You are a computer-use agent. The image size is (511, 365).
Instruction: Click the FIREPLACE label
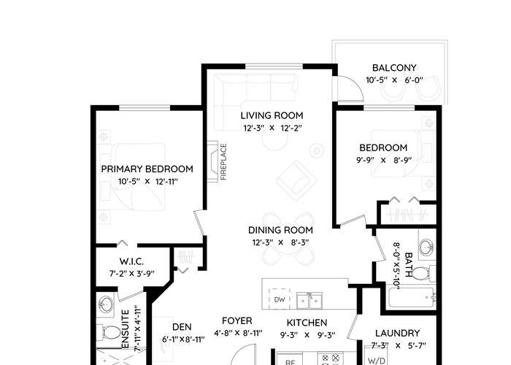(223, 161)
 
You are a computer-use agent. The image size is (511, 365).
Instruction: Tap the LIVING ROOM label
(272, 115)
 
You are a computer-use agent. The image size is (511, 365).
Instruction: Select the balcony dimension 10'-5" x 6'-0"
(394, 80)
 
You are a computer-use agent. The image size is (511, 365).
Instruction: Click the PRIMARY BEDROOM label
(147, 169)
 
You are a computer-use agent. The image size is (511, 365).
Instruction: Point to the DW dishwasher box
(280, 299)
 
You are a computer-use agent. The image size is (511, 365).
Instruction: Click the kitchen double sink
(310, 301)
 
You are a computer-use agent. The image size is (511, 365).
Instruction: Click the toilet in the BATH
(424, 273)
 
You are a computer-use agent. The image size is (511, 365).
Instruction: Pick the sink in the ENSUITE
(106, 305)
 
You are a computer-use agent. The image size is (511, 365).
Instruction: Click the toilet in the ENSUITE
(109, 332)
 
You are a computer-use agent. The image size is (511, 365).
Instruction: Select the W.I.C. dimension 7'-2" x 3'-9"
(131, 274)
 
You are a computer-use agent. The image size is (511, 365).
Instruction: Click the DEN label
(182, 327)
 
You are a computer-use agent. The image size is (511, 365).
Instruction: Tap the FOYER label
(237, 320)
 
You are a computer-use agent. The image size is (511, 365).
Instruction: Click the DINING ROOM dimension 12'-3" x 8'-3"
(280, 242)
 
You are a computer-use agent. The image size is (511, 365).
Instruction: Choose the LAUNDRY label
(397, 333)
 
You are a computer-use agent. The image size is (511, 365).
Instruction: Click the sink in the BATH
(426, 247)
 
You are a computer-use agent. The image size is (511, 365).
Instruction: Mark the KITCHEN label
(307, 323)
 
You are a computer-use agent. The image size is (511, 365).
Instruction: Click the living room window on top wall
(274, 66)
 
